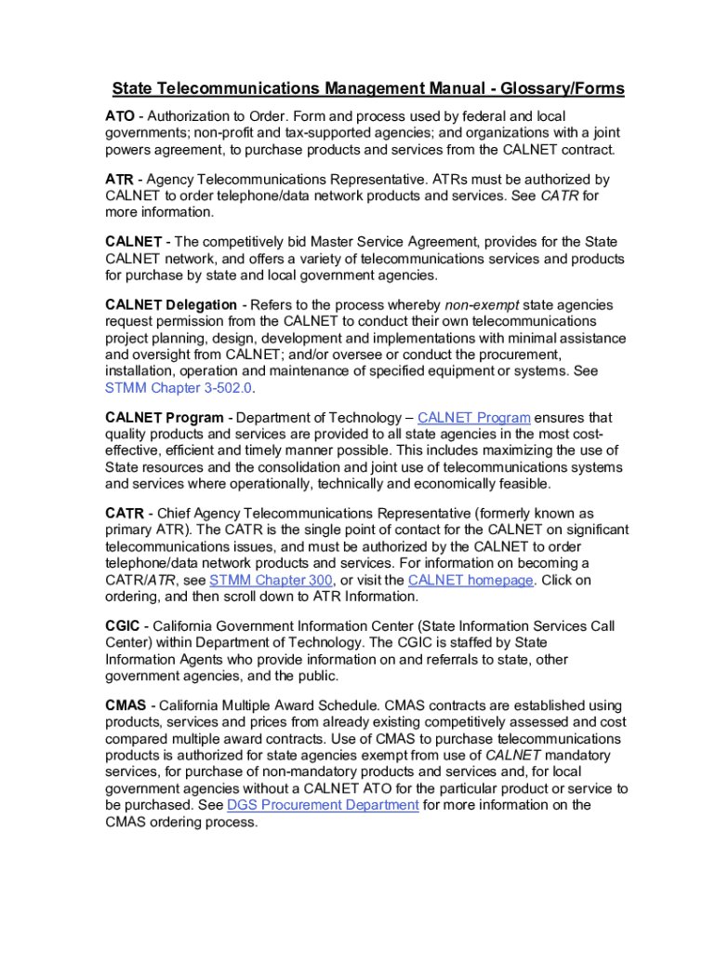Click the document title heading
click(x=368, y=89)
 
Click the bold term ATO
click(x=119, y=116)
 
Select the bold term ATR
click(x=119, y=179)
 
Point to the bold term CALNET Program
click(x=165, y=418)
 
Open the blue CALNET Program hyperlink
click(x=474, y=418)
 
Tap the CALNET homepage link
click(x=471, y=580)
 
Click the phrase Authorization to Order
click(x=218, y=116)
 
